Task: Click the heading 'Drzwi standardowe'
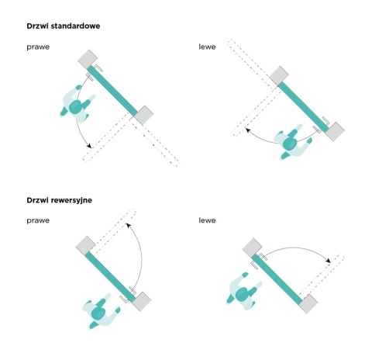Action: pyautogui.click(x=64, y=26)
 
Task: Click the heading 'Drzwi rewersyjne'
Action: pyautogui.click(x=60, y=200)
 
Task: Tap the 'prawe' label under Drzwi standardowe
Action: pyautogui.click(x=38, y=47)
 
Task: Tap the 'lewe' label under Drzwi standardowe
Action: pyautogui.click(x=207, y=47)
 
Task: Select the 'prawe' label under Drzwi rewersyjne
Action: pyautogui.click(x=38, y=220)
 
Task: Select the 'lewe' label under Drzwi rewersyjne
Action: pyautogui.click(x=207, y=220)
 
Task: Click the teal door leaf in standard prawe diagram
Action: pyautogui.click(x=112, y=91)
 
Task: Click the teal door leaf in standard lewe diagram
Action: pyautogui.click(x=303, y=107)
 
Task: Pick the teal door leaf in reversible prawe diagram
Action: pyautogui.click(x=110, y=277)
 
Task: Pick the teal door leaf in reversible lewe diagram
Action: pyautogui.click(x=277, y=279)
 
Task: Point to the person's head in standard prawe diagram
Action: pyautogui.click(x=75, y=106)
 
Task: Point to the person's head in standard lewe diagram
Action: pyautogui.click(x=290, y=144)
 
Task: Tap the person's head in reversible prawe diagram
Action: pyautogui.click(x=98, y=313)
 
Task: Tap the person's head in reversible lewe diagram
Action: pyautogui.click(x=242, y=294)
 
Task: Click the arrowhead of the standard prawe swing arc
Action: pyautogui.click(x=89, y=146)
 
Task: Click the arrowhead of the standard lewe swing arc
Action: pyautogui.click(x=247, y=130)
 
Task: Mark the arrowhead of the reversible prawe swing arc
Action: pyautogui.click(x=128, y=225)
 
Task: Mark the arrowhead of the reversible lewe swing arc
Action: pyautogui.click(x=328, y=261)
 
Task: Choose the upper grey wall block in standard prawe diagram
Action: pyautogui.click(x=88, y=60)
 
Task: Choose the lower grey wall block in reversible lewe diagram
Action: pyautogui.click(x=308, y=304)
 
